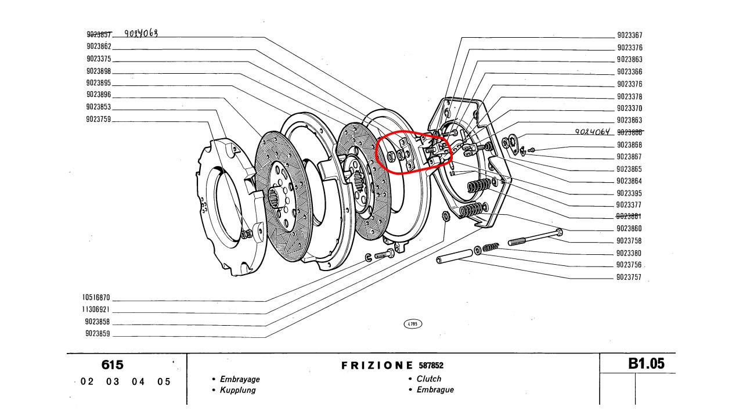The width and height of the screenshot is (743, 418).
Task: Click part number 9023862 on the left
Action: tap(99, 46)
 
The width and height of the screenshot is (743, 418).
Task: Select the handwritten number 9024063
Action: tap(141, 34)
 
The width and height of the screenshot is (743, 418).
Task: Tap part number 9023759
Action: tap(99, 119)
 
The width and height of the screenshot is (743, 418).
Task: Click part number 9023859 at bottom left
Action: tap(98, 334)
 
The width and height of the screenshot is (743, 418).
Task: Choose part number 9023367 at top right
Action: tap(629, 35)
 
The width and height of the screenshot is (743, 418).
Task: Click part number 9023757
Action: tap(629, 278)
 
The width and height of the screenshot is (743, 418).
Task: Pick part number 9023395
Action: tap(629, 193)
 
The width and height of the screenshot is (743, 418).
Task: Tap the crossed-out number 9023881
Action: tap(629, 217)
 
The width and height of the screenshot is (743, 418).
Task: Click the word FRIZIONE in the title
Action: tap(377, 366)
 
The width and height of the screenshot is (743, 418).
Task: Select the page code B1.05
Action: tap(646, 364)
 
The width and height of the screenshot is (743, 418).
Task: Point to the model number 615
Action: tap(112, 365)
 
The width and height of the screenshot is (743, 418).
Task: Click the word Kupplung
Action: tap(237, 390)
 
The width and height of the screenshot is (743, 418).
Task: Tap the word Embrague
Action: tap(435, 390)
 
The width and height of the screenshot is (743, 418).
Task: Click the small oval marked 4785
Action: tap(412, 324)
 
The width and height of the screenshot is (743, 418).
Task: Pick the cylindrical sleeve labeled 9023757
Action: tap(455, 256)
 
